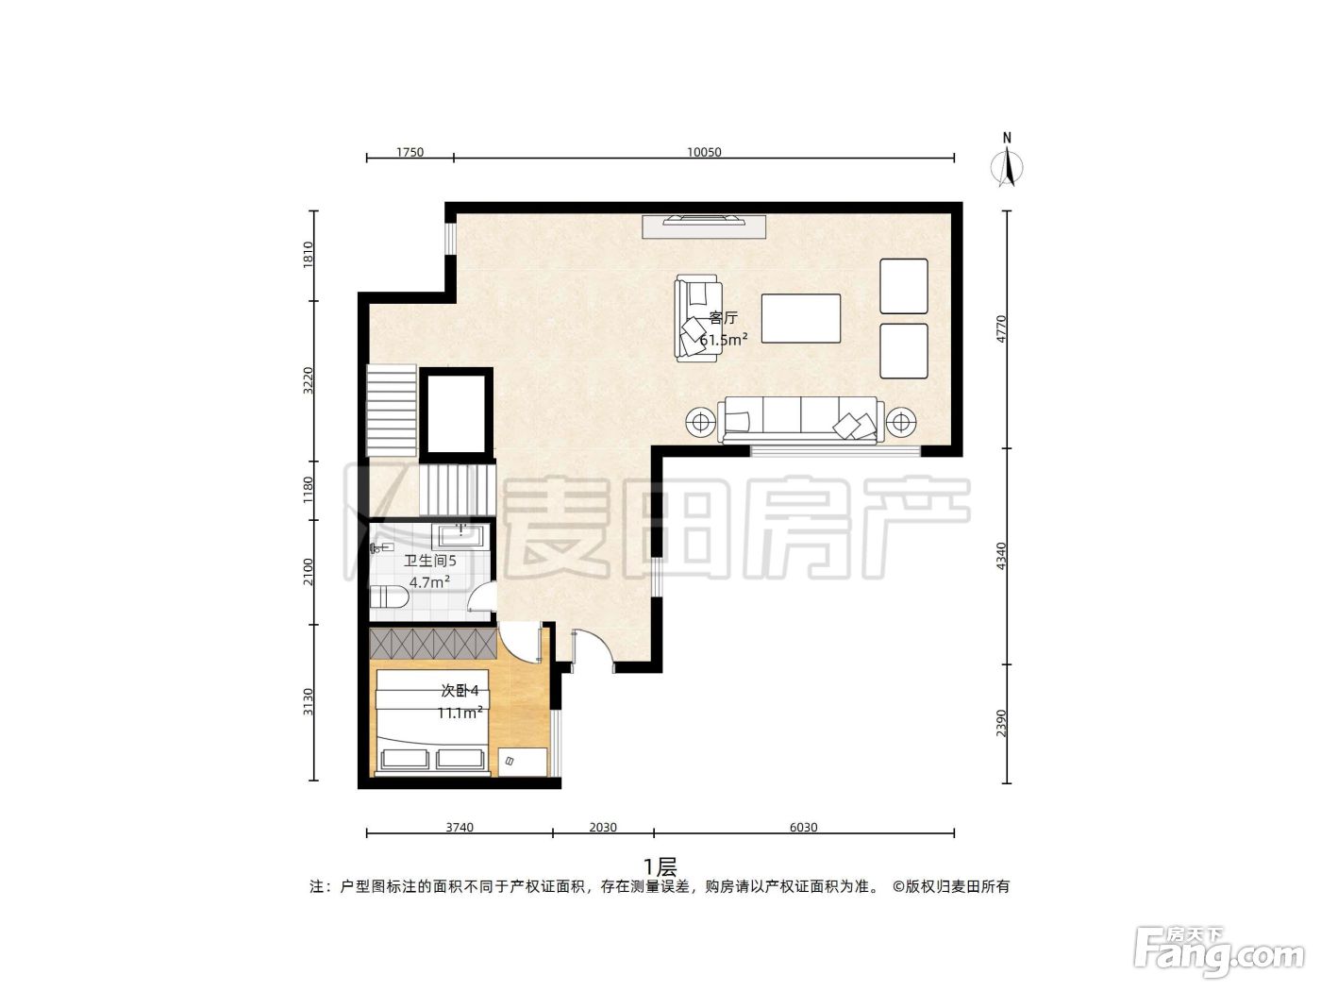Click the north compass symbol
1007,161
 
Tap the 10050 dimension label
704,152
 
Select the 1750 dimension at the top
410,152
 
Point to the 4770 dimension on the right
1001,329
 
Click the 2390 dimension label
1001,723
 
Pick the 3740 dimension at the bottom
460,828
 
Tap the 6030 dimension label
803,828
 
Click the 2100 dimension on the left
309,572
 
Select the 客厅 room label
723,318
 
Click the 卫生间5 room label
429,561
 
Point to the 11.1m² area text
460,713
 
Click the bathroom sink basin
461,535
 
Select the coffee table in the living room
800,318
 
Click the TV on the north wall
704,219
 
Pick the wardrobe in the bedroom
433,644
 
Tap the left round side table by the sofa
700,423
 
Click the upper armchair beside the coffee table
903,286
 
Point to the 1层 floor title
660,867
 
